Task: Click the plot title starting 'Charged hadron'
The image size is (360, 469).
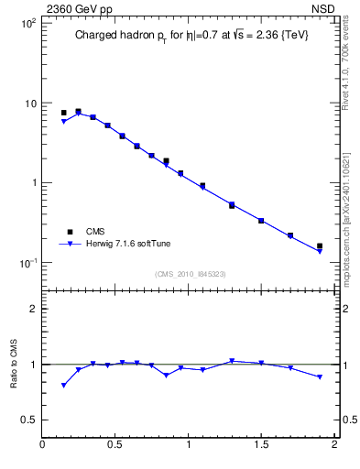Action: tap(190, 38)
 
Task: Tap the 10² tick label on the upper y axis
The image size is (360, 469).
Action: tap(27, 23)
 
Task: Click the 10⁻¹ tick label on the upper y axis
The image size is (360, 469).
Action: tap(27, 264)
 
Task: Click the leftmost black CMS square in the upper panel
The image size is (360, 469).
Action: tap(63, 113)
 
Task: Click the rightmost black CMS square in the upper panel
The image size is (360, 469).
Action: tap(320, 245)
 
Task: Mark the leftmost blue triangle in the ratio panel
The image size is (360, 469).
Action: tap(63, 386)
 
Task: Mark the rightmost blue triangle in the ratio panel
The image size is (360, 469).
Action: tap(320, 377)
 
